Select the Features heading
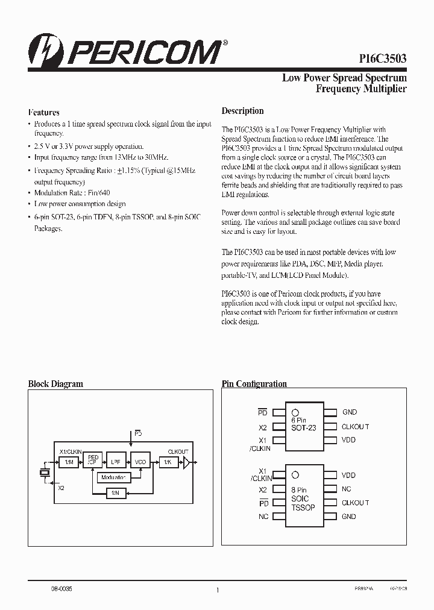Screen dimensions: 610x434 (x=44, y=112)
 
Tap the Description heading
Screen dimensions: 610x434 (x=242, y=111)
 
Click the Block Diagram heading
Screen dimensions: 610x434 (x=55, y=384)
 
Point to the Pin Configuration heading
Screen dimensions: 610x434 (x=254, y=384)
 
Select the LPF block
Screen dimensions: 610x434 (x=115, y=462)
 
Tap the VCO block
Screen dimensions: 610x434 (x=140, y=462)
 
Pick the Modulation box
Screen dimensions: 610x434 (x=114, y=477)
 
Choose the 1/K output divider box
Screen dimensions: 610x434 (x=168, y=462)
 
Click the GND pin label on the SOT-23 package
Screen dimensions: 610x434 (x=350, y=412)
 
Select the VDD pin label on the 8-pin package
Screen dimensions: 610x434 (x=348, y=476)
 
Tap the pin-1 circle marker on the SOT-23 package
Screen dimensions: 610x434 (x=295, y=412)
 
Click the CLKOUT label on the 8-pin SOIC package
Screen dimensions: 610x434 (x=355, y=503)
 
